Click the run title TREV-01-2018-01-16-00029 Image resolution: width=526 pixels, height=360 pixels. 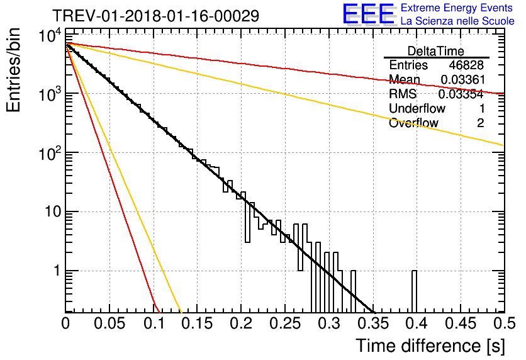[155, 16]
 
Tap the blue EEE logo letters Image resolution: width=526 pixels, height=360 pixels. [368, 14]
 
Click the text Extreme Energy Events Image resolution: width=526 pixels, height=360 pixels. [457, 8]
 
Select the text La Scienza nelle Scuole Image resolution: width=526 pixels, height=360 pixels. [457, 21]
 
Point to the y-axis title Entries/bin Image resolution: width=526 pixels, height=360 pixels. [13, 70]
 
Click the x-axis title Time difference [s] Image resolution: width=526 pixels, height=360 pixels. [430, 346]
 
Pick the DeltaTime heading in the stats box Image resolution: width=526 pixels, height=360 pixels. [436, 51]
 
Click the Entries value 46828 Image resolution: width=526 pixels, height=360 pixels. [466, 65]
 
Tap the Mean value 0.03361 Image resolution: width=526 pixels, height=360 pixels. [463, 79]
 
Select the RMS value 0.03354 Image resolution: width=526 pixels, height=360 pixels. [461, 94]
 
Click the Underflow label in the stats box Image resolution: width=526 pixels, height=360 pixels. [417, 108]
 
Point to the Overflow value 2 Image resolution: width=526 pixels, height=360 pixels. [480, 123]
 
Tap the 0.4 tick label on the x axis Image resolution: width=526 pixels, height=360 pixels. [416, 323]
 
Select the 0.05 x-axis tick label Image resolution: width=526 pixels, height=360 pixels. [109, 323]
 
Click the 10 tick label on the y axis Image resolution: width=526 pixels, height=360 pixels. [53, 211]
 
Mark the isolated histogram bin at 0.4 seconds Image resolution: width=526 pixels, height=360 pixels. [414, 291]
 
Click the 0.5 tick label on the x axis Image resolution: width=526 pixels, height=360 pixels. [504, 323]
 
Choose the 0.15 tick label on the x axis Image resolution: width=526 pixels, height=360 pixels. [197, 323]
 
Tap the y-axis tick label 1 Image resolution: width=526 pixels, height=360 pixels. [57, 271]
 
